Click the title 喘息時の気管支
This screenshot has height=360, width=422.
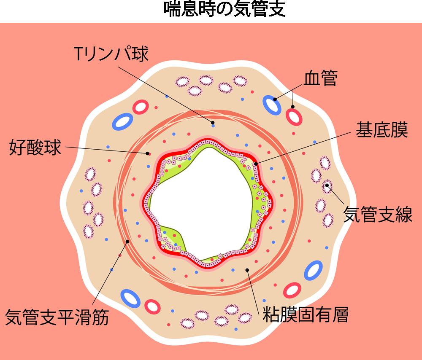coord(225,9)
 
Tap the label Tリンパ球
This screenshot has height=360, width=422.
coord(111,54)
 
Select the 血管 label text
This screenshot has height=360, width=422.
coord(321,78)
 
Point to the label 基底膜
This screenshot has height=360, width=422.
coord(381,130)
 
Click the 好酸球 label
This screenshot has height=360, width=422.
coord(35,147)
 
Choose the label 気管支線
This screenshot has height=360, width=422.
coord(378,214)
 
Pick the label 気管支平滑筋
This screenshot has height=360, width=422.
coord(57,317)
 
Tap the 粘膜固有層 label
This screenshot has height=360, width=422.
coord(306,314)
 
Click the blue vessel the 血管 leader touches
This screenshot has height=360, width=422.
coord(272,105)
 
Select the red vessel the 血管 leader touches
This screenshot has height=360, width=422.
coord(294,117)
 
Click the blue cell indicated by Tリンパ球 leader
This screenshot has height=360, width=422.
coord(213,126)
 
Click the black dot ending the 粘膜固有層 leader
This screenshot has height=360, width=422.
coord(247,270)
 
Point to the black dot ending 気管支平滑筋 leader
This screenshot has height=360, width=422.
coord(127,242)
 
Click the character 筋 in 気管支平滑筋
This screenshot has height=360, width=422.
coord(100,317)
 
